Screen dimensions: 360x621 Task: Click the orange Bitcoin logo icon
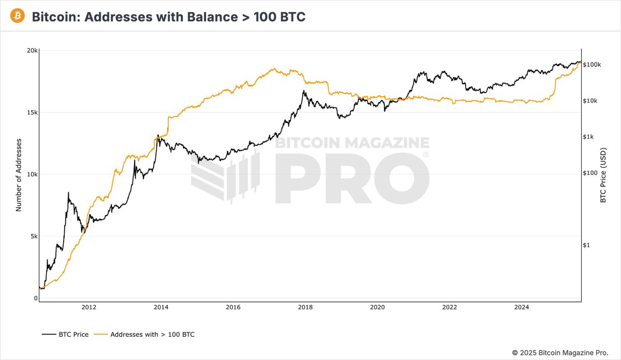coord(17,16)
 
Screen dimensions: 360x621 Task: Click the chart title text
coord(169,17)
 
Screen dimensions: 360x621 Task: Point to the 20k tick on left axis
coord(32,51)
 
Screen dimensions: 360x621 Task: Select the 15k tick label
coord(32,112)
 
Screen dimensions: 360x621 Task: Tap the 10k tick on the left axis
coord(32,174)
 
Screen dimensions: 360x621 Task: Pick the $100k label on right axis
coord(592,65)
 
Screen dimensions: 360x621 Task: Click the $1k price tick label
coord(589,137)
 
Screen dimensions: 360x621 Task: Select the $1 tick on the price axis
coord(587,245)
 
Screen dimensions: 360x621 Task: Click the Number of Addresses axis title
coord(19,174)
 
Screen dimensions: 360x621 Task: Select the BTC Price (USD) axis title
coord(603,174)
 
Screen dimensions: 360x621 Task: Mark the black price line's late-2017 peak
coord(304,91)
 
